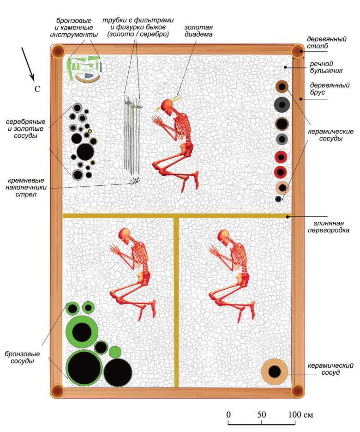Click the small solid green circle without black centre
115,352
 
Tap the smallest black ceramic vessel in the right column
278,199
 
